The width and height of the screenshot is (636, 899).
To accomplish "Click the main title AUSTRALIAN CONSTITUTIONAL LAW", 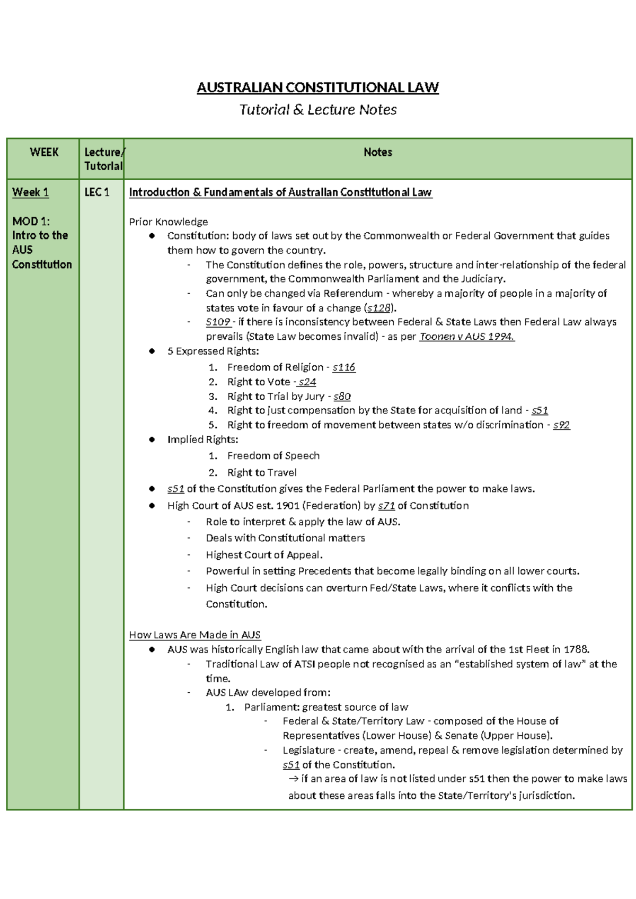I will coord(317,87).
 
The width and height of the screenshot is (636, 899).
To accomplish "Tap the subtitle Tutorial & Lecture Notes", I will coord(317,110).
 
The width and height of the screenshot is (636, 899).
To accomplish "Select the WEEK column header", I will coord(44,152).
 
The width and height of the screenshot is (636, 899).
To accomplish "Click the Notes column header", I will coord(377,152).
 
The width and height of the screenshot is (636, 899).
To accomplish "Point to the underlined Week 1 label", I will coord(31,192).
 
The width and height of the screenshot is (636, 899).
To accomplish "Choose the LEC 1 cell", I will coord(97,192).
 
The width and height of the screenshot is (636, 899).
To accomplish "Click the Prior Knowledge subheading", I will coord(168,222).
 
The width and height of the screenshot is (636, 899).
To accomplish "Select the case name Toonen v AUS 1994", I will coord(466,337).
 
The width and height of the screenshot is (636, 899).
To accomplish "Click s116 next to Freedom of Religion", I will coord(344,367).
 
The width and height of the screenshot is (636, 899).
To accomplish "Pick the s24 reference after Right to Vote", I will coord(307,382).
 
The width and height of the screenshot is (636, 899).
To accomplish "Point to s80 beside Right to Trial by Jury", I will coord(342,396).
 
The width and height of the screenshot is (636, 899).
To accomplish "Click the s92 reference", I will coord(561,425).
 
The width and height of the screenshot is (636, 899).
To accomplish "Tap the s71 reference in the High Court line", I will coord(386,506).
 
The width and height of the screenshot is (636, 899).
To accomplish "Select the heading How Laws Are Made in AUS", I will coord(195,635).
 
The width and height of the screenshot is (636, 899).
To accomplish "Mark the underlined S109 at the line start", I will coord(218,322).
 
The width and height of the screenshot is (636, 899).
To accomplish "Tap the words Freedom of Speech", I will coord(273,456).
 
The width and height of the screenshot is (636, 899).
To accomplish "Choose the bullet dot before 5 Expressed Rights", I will coord(152,351).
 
